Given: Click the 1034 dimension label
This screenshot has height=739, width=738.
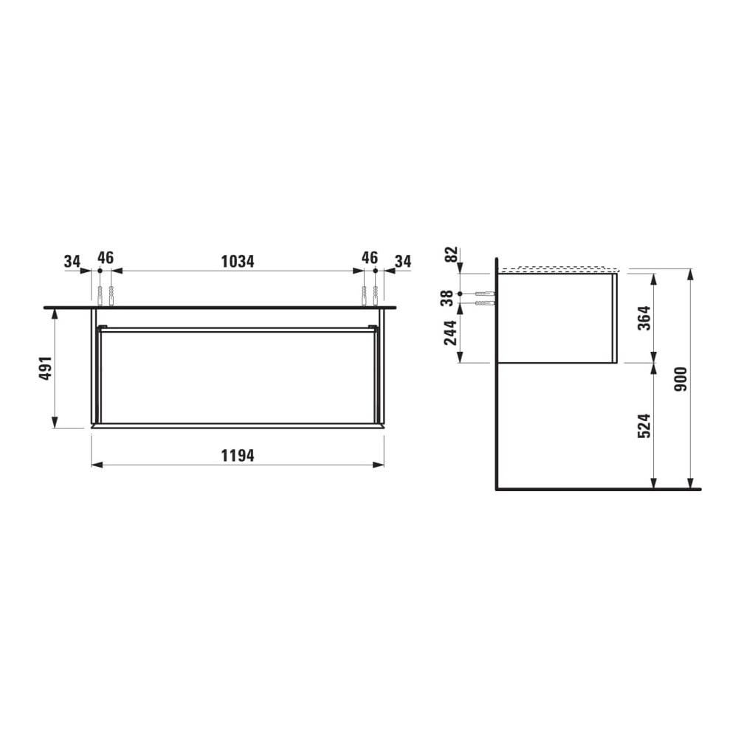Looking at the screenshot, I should click(x=237, y=261).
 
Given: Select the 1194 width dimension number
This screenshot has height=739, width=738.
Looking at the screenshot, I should click(x=237, y=456).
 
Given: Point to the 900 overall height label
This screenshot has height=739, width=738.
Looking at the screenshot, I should click(x=680, y=379).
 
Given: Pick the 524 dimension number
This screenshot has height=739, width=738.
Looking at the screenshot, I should click(x=643, y=426).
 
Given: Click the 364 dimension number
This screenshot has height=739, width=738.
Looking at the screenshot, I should click(x=643, y=318).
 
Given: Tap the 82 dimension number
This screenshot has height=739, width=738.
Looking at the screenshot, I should click(x=450, y=256).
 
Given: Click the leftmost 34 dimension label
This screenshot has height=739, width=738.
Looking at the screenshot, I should click(x=72, y=261).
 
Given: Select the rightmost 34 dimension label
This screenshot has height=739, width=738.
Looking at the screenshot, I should click(x=403, y=261).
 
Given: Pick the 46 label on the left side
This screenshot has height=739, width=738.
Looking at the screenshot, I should click(x=106, y=258).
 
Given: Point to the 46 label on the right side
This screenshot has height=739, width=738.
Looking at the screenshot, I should click(x=370, y=258).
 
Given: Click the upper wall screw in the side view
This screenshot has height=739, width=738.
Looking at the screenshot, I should click(x=485, y=294).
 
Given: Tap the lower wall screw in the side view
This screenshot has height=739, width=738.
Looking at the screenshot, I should click(x=485, y=302).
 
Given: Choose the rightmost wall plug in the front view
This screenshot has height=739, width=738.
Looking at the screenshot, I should click(x=376, y=295).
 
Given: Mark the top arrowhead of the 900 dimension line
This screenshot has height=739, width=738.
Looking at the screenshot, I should click(x=690, y=274).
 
